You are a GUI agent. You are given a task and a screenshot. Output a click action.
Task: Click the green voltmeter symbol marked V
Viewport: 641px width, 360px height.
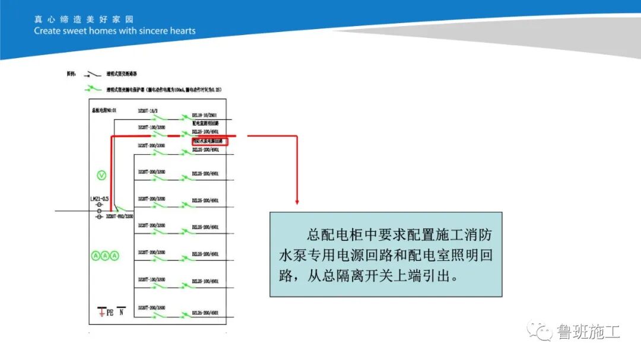coord(101,175)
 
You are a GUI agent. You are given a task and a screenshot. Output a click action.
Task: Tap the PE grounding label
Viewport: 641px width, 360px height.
coord(109,311)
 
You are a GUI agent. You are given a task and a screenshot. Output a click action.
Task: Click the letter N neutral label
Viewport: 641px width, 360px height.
coord(122,311)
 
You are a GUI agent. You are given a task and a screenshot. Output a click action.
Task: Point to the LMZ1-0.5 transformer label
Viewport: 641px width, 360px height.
coord(100,199)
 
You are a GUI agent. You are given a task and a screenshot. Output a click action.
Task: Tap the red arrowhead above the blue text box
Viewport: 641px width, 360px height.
coord(296,202)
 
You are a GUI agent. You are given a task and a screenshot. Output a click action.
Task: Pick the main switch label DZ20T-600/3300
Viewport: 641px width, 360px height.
coord(120,217)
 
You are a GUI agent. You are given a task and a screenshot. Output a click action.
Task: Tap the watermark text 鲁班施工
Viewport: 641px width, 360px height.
coord(588,331)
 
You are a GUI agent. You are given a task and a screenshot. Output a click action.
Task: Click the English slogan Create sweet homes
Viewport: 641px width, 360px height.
coord(115,31)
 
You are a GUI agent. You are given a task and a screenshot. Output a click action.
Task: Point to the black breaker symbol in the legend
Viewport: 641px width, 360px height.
coord(91,75)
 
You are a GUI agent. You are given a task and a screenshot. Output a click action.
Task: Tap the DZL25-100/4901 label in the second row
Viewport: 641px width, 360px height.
coord(205,131)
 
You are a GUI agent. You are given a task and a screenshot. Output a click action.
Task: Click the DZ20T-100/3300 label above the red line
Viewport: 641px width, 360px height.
coord(151,128)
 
